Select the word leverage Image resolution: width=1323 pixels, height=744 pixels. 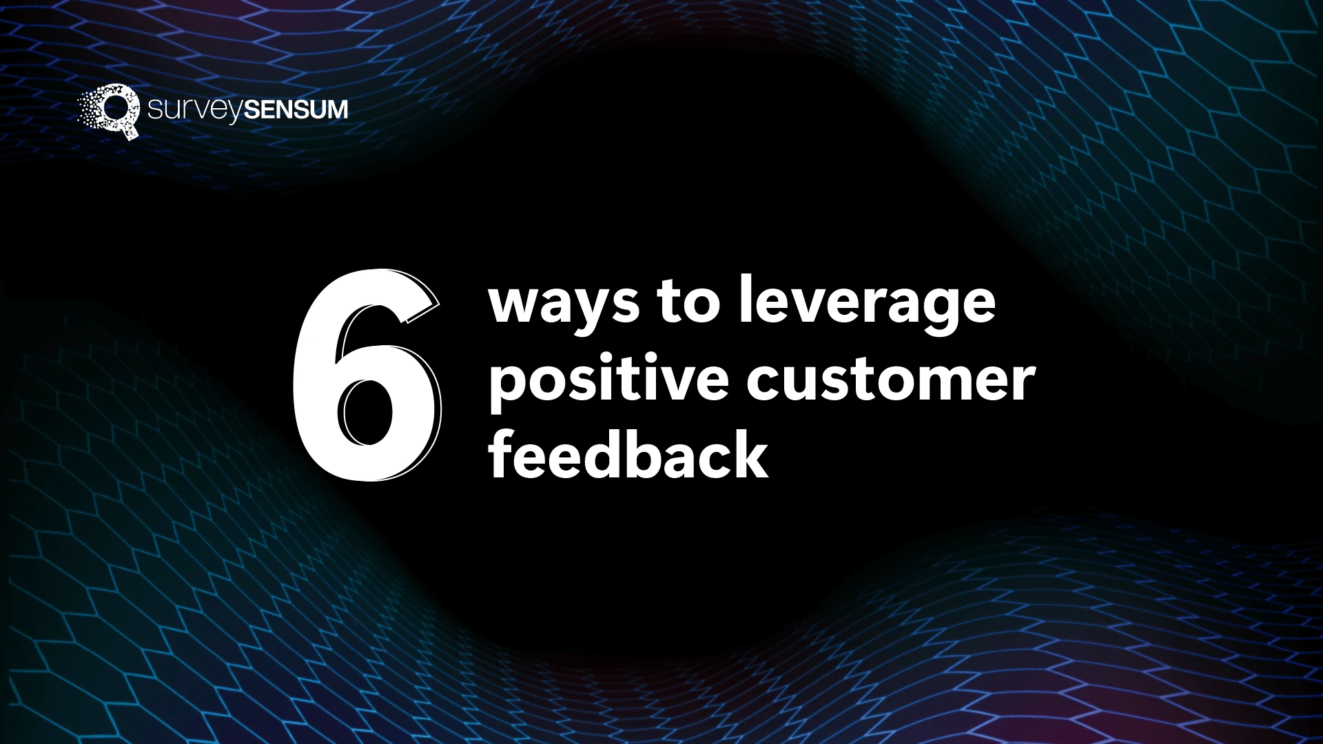(867, 303)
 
